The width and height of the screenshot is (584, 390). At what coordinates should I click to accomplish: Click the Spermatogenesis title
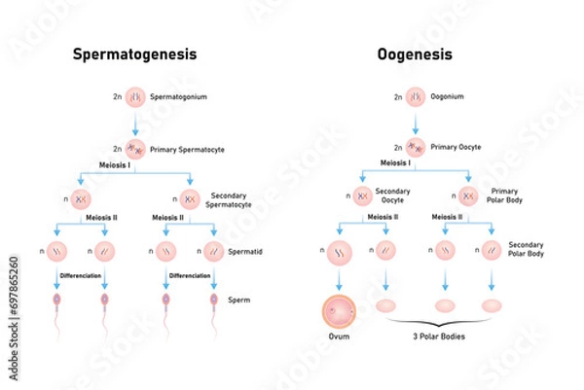coord(135,55)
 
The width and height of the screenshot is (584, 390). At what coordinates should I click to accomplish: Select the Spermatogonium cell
coord(135,97)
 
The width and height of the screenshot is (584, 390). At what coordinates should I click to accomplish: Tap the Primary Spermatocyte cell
coord(135,149)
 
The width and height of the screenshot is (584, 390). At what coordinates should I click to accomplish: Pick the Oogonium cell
coord(416,97)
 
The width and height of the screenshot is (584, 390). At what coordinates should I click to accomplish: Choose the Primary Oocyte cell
coord(416,149)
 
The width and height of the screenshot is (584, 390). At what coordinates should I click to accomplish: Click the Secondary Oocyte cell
coord(362,196)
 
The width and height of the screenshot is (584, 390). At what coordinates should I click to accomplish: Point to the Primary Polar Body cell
coord(469,196)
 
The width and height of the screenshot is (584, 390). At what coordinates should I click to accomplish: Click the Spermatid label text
coord(243,252)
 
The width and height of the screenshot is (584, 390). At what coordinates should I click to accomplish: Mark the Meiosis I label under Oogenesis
coord(369,163)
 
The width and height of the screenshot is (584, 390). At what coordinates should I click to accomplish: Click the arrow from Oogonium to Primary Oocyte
coord(416,124)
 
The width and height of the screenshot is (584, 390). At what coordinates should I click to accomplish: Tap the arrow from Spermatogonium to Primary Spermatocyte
coord(135,124)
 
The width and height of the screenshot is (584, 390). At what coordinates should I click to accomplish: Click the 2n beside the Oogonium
coord(398,97)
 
